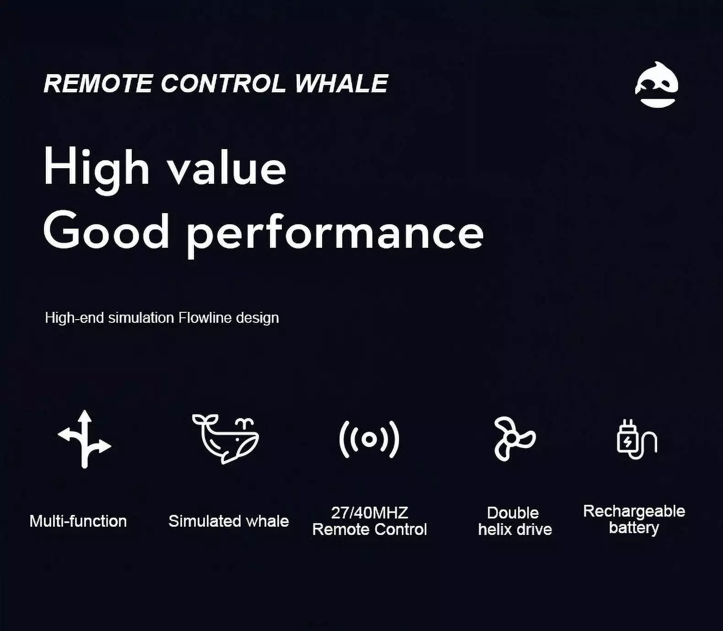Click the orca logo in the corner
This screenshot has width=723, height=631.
[x=657, y=85]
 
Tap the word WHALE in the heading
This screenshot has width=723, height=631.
[x=341, y=84]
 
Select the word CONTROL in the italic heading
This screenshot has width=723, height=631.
[x=223, y=84]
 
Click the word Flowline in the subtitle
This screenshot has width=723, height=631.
[x=205, y=317]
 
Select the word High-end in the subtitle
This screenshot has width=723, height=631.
[x=75, y=317]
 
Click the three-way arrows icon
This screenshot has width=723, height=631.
[x=84, y=439]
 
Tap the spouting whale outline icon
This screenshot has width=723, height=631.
[x=226, y=438]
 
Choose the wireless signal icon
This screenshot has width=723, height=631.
[x=369, y=439]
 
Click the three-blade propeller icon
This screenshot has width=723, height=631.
[x=514, y=438]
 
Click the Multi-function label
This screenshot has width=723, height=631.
[x=78, y=521]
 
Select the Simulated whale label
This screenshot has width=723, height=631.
[x=229, y=521]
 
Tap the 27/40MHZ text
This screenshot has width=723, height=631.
[x=369, y=513]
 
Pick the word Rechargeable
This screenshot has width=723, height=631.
[x=634, y=512]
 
